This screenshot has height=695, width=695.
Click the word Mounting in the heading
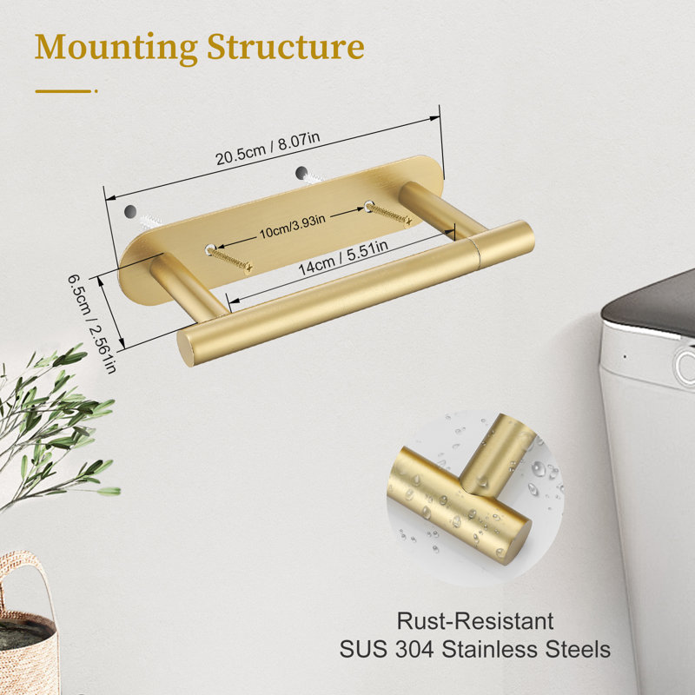116,48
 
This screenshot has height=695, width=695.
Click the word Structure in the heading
286,46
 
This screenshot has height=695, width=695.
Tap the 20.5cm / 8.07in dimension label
268,148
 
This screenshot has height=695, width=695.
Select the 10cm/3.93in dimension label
292,226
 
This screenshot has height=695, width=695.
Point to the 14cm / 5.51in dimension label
343,257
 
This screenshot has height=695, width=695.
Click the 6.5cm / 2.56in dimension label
92,323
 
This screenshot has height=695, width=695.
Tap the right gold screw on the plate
388,213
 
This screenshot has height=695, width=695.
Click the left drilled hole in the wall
130,211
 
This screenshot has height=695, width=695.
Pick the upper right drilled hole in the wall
301,173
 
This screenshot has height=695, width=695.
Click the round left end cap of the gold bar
185,349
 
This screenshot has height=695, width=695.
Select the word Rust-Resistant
474,620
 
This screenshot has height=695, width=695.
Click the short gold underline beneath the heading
66,91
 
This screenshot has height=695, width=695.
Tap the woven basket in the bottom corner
28,625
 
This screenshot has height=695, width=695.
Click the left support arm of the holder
189,287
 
